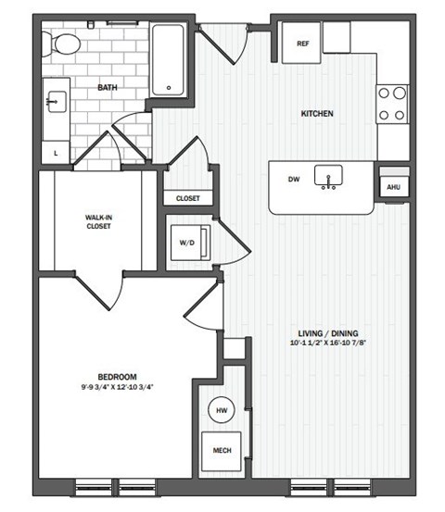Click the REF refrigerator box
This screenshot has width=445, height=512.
click(x=302, y=43)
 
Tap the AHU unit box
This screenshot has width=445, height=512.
click(x=392, y=185)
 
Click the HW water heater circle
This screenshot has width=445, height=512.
click(x=222, y=410)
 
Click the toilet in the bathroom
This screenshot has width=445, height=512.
click(x=65, y=44)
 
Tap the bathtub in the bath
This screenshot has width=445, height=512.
click(x=169, y=61)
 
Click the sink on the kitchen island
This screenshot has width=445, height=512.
click(x=328, y=176)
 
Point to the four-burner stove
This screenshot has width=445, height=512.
click(x=392, y=104)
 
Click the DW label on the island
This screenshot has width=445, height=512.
click(x=294, y=180)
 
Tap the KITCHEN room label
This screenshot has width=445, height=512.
click(x=317, y=115)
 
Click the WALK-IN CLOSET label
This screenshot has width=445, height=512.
click(x=98, y=222)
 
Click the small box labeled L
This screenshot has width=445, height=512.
click(x=57, y=151)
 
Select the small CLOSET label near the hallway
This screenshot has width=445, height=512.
click(x=188, y=198)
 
